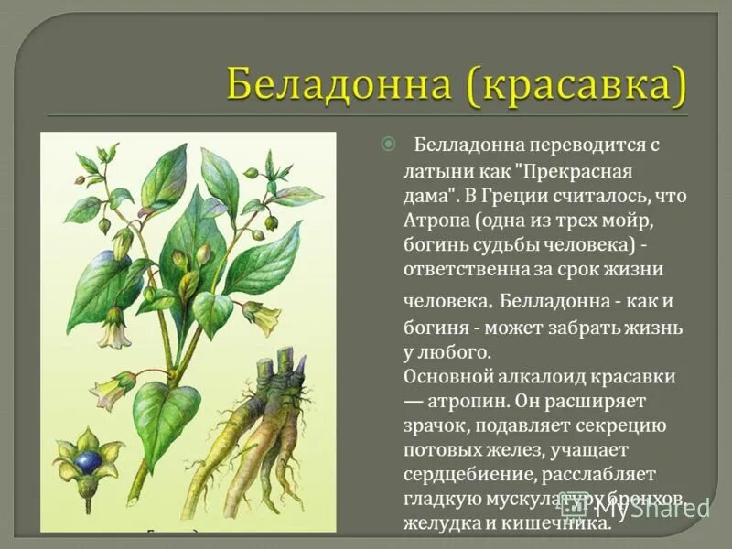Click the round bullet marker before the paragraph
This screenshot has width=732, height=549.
point(388,144)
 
